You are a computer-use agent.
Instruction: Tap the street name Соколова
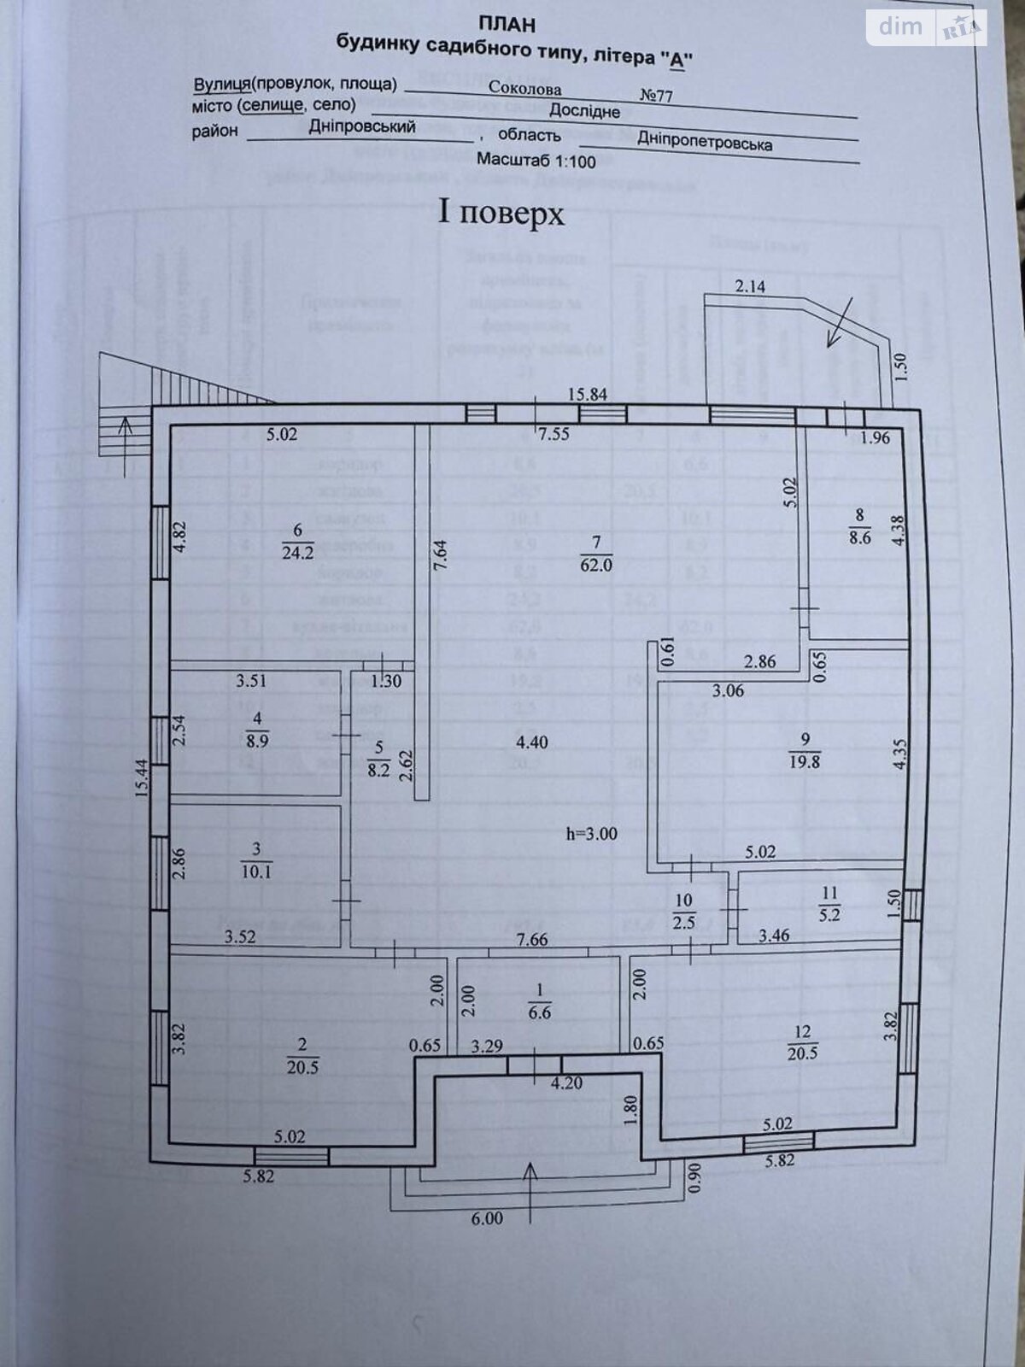coord(525,88)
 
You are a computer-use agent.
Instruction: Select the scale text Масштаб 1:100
coord(536,160)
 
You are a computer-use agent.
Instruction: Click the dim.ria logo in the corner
coord(928,27)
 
